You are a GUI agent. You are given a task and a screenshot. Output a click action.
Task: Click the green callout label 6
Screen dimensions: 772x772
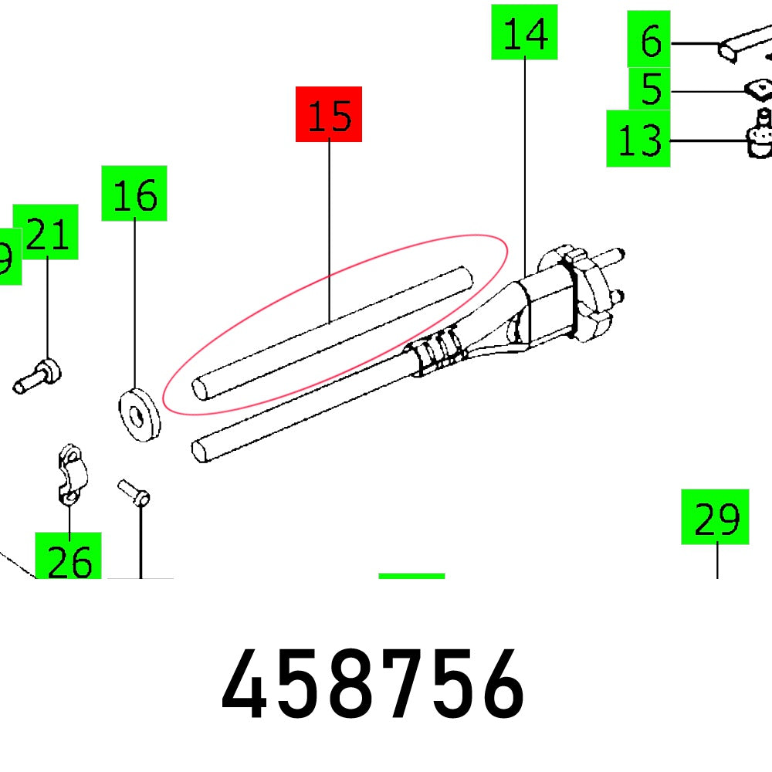650,39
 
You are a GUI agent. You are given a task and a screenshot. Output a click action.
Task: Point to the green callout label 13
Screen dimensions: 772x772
638,139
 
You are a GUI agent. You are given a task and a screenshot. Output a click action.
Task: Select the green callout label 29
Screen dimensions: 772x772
715,517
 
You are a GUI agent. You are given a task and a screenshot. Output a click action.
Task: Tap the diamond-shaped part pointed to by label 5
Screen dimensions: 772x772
758,90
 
